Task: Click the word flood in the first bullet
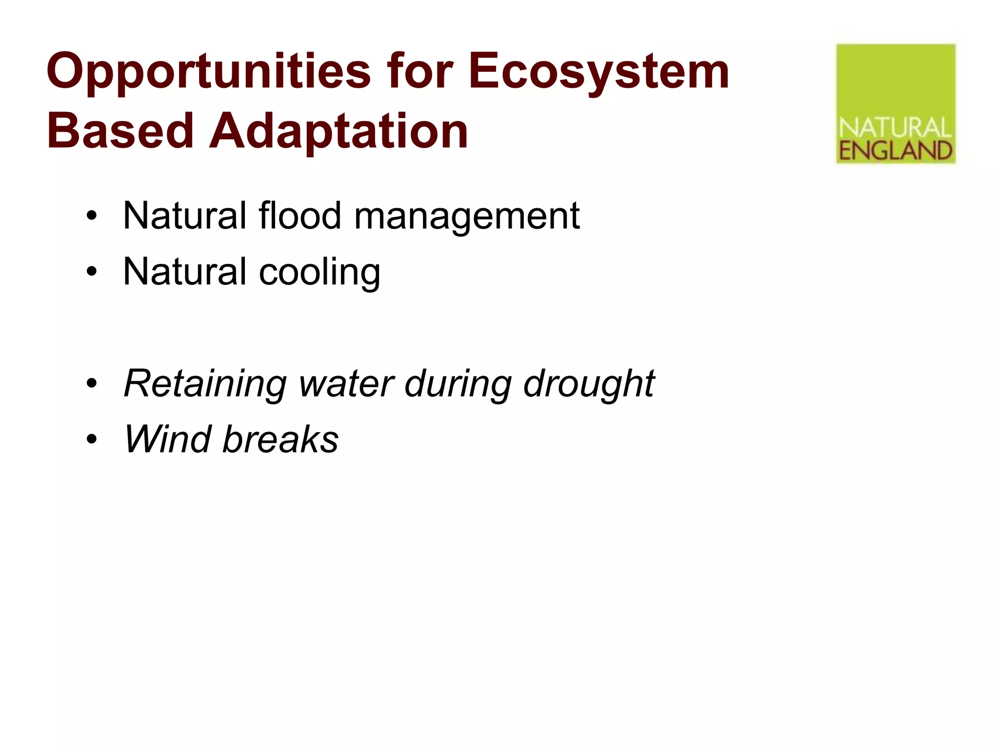pyautogui.click(x=300, y=216)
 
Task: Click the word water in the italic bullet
pyautogui.click(x=346, y=384)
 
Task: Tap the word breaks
pyautogui.click(x=280, y=439)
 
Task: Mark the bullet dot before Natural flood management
pyautogui.click(x=92, y=216)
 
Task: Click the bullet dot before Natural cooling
pyautogui.click(x=92, y=272)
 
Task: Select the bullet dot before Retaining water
pyautogui.click(x=92, y=383)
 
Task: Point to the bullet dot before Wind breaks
pyautogui.click(x=92, y=439)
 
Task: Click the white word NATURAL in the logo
pyautogui.click(x=896, y=128)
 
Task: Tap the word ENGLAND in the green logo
pyautogui.click(x=896, y=151)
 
